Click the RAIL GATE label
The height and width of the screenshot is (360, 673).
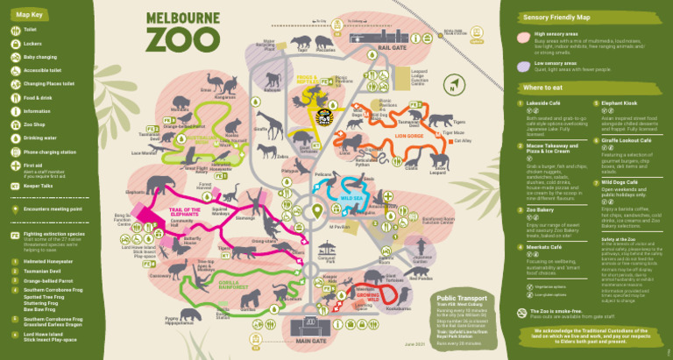tap(393, 49)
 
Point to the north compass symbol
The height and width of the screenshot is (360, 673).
tap(452, 86)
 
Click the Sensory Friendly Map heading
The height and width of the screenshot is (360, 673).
tap(556, 17)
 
